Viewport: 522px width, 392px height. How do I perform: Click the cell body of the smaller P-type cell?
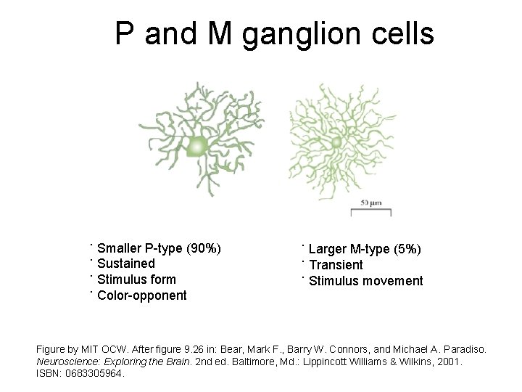click(x=196, y=147)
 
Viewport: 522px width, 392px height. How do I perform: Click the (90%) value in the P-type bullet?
click(x=204, y=248)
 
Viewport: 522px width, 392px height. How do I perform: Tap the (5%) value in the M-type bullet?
click(x=406, y=250)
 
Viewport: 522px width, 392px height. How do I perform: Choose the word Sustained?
click(x=126, y=264)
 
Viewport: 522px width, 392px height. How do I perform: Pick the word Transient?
click(x=336, y=265)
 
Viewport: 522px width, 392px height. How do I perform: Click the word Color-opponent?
click(x=142, y=295)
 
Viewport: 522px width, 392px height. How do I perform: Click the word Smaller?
click(x=120, y=248)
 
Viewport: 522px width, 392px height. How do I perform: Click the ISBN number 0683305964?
click(x=95, y=375)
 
